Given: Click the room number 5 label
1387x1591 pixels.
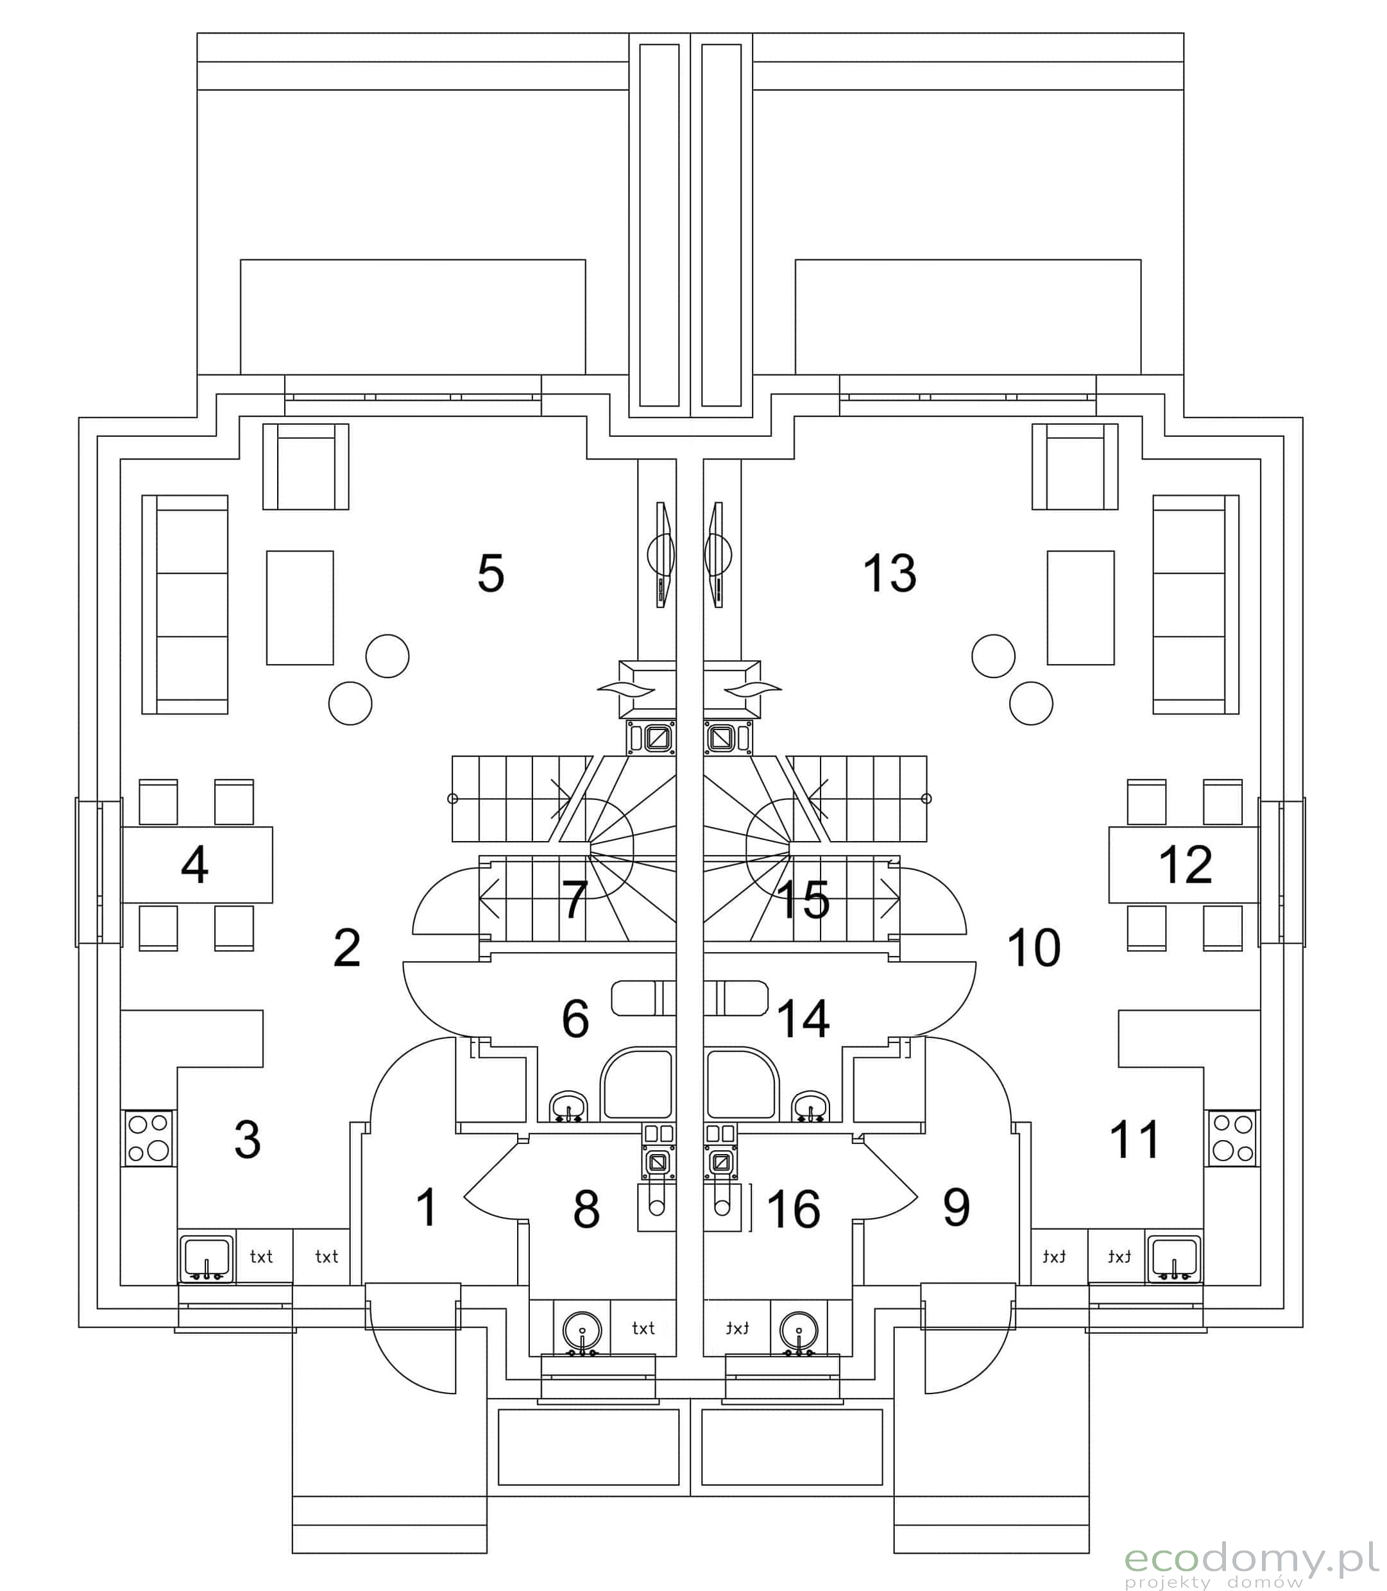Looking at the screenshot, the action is click(491, 574).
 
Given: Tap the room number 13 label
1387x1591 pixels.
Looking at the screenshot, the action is click(889, 574).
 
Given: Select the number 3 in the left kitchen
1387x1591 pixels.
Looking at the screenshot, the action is click(247, 1139).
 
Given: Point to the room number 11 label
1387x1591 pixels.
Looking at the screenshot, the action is click(1135, 1139).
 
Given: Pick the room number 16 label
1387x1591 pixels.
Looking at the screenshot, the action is click(794, 1209).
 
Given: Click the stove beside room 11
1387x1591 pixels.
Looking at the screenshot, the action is click(1232, 1137).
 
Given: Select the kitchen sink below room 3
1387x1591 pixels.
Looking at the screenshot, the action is click(207, 1257).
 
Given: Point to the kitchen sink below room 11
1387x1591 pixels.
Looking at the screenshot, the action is click(1175, 1257).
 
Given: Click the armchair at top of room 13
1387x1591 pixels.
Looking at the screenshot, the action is click(1075, 466).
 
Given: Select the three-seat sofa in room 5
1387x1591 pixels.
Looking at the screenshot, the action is click(185, 604).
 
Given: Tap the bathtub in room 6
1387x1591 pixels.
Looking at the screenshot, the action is click(644, 998).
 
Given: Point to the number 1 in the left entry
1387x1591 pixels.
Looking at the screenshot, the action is click(427, 1207).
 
